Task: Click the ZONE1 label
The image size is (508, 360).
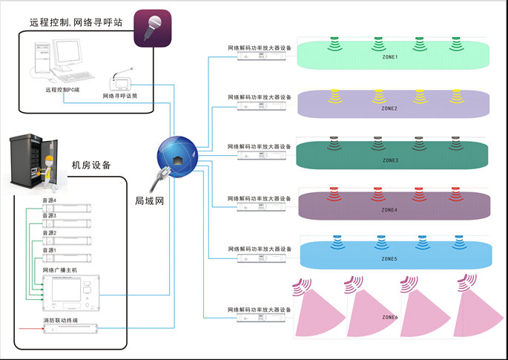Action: point(389,57)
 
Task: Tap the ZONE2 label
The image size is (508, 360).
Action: point(389,108)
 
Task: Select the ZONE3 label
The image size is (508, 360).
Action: point(389,160)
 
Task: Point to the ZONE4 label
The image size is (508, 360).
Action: point(389,210)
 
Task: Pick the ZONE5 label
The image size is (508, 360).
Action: point(389,259)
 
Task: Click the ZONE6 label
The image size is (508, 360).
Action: point(389,318)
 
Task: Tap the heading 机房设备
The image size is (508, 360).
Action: point(92,165)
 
